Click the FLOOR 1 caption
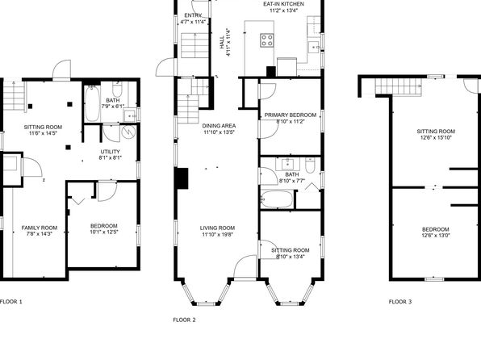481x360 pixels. (x=11, y=302)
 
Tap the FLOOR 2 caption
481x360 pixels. (x=184, y=320)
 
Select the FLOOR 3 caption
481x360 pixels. (x=400, y=302)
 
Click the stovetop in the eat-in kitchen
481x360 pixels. (x=267, y=40)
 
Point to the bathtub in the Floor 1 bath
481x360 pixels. (x=92, y=103)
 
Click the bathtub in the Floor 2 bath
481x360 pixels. (x=276, y=199)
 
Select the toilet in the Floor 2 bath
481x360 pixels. (x=310, y=165)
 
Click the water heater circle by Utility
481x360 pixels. (x=128, y=132)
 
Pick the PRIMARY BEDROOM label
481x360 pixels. (x=291, y=115)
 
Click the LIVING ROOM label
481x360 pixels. (x=217, y=228)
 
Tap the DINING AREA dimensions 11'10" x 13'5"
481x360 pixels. (x=219, y=132)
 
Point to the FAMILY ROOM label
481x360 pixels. (x=40, y=228)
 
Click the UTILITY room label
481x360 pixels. (x=110, y=152)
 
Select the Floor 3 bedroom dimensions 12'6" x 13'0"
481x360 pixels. (x=436, y=236)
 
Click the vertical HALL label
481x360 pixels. (x=222, y=42)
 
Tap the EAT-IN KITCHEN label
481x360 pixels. (x=284, y=4)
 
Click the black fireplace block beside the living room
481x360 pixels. (x=182, y=178)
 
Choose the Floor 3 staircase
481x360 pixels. (x=398, y=86)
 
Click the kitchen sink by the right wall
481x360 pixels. (x=314, y=47)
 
